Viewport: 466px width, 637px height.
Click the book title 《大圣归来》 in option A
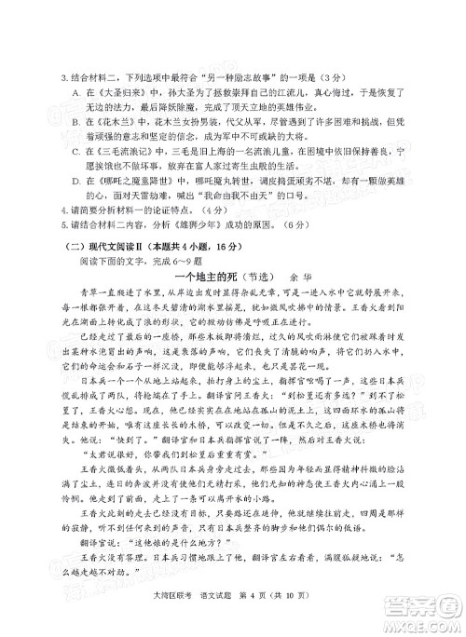(x=115, y=94)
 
